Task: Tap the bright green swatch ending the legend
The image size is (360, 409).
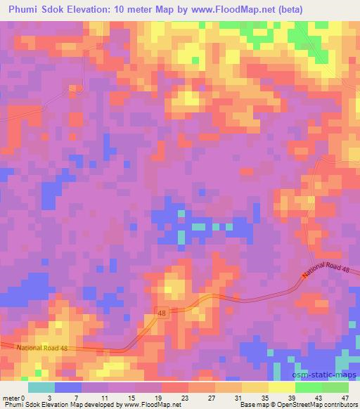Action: click(x=335, y=387)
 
